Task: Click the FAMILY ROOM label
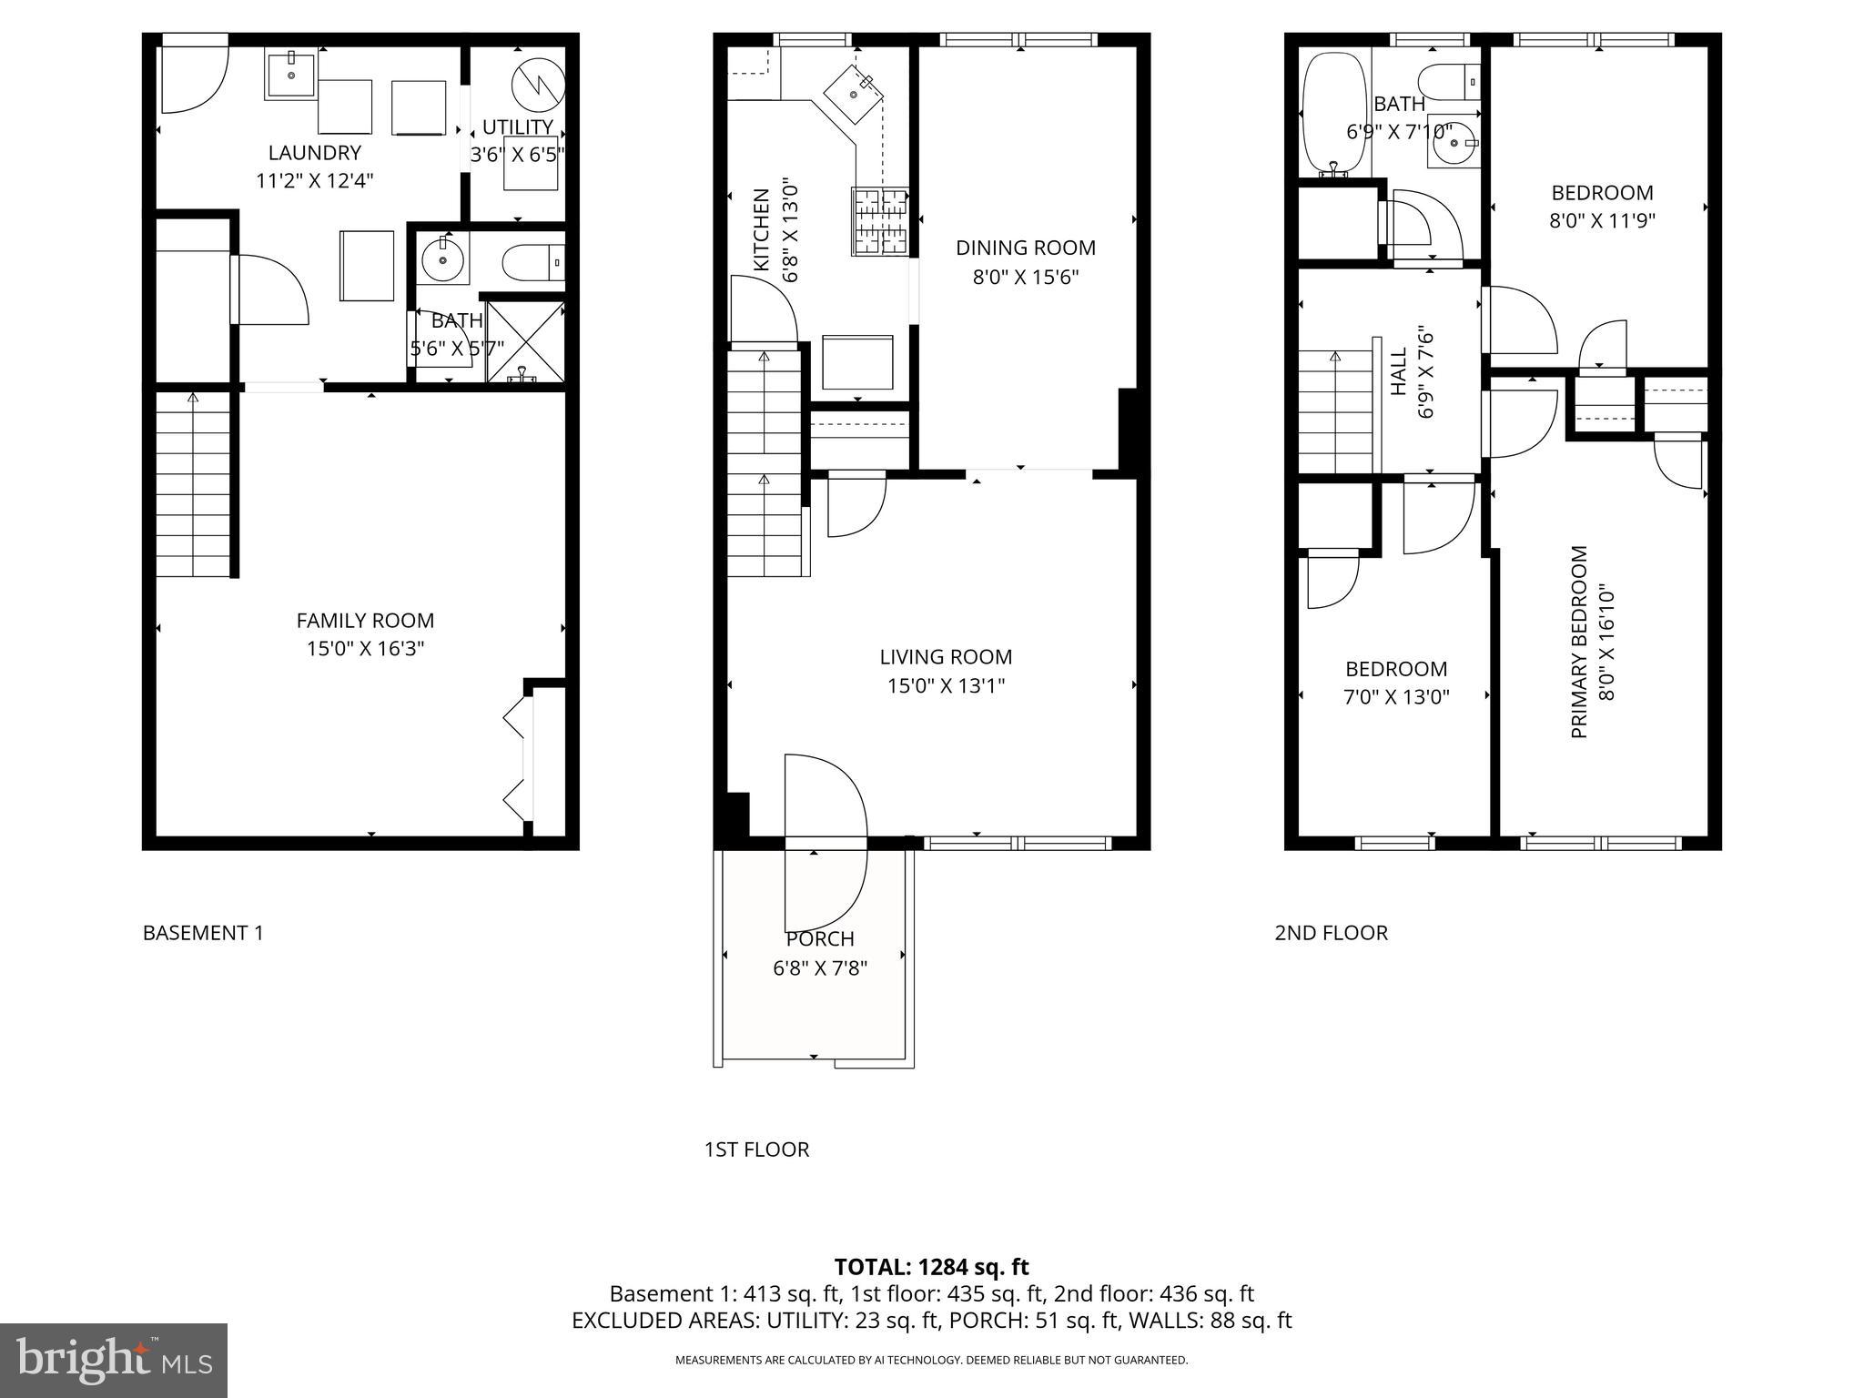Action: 365,621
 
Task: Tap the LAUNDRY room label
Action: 314,153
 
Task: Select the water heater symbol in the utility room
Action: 538,85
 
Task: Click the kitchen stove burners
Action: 880,220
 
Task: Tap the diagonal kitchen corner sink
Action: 853,91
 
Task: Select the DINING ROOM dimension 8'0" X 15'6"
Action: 1026,277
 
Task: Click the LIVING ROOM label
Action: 946,657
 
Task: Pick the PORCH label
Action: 820,938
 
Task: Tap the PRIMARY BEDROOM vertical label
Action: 1579,642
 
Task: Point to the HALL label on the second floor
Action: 1399,371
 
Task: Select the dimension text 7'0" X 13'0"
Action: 1396,697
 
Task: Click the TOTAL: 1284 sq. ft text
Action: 931,1267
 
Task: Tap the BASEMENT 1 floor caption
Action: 203,933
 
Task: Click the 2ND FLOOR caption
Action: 1331,933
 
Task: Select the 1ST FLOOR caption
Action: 756,1150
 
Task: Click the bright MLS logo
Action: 114,1360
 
